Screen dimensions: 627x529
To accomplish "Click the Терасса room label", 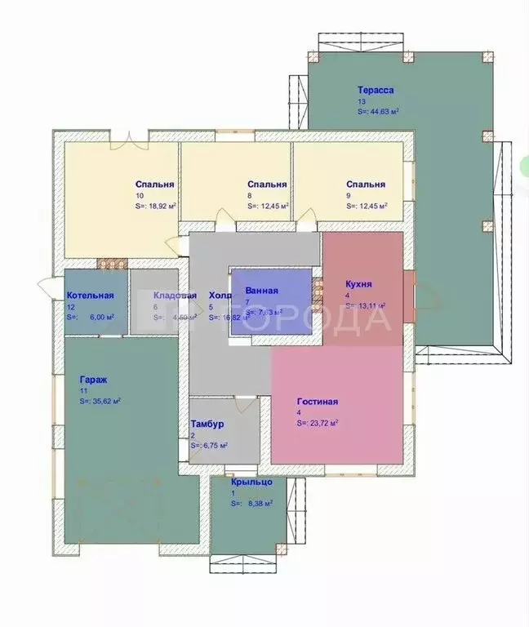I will point(376,91).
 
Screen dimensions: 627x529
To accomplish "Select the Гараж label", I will point(93,380).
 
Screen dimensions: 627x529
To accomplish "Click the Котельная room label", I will point(90,296).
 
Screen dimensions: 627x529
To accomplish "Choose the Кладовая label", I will point(175,296).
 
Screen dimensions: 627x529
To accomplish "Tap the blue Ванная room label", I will point(261,291).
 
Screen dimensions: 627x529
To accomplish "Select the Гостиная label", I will point(318,402).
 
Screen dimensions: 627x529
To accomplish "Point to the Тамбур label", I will point(207,425).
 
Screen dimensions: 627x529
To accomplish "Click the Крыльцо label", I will point(251,482).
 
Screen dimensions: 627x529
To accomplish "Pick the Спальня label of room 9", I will point(365,185).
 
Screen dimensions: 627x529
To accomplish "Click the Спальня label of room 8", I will point(267,185).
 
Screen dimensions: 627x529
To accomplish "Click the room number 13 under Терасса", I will point(361,101).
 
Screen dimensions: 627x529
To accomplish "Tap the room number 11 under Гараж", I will point(83,391).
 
